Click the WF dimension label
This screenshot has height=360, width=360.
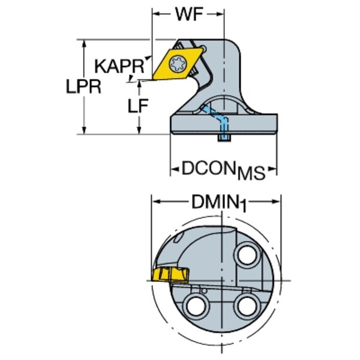[188, 14]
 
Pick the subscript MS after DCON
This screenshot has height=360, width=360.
[251, 174]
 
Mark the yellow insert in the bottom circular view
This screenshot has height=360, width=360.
[170, 276]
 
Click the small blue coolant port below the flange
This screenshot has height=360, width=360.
[223, 139]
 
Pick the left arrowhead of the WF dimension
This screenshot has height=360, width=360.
[155, 14]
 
